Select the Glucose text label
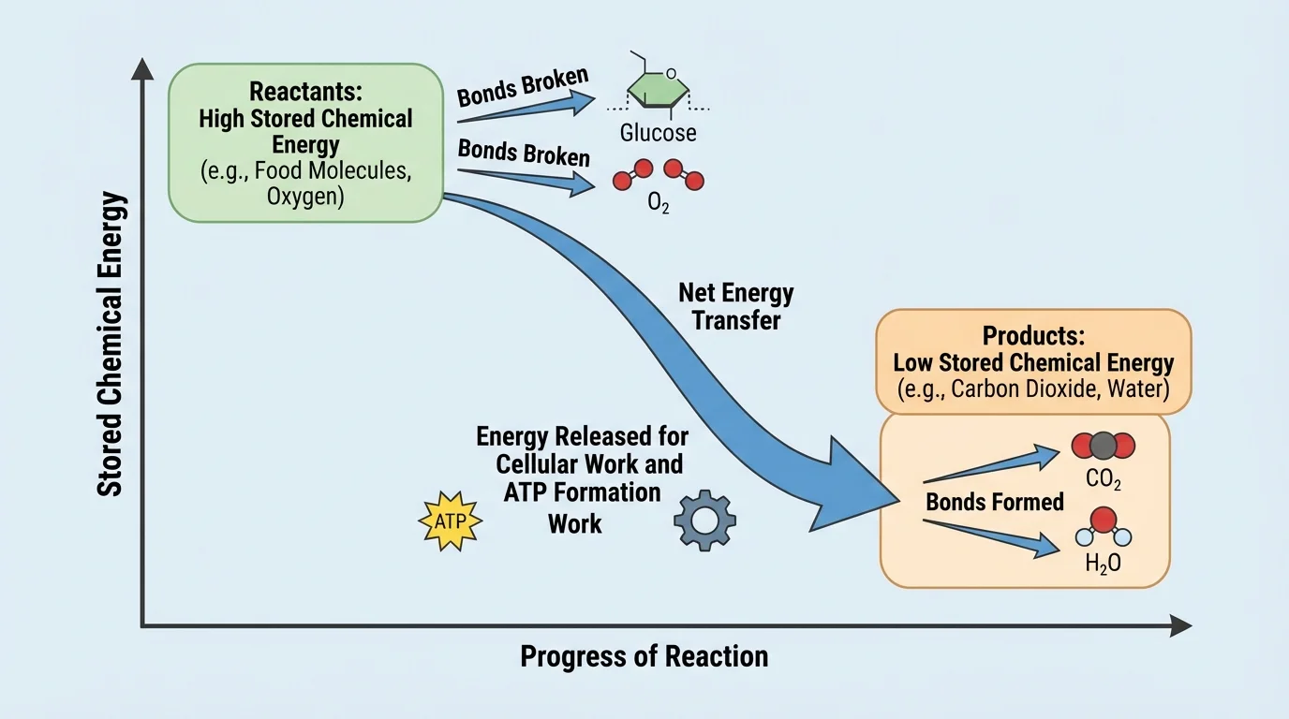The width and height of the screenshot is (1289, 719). (x=658, y=133)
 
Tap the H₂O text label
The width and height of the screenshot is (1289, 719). (x=1102, y=564)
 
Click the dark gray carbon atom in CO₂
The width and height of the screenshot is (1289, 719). (x=1103, y=446)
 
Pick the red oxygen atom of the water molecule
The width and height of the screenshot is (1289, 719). (x=1103, y=518)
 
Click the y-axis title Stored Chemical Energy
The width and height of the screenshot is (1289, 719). (x=111, y=344)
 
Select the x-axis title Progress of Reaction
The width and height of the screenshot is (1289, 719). (x=644, y=656)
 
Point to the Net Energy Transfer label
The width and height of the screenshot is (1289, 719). (x=735, y=306)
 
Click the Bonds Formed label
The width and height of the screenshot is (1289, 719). (x=994, y=502)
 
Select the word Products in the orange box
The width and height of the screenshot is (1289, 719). (x=1032, y=335)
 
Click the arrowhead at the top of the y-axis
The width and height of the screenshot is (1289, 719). (x=142, y=68)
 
